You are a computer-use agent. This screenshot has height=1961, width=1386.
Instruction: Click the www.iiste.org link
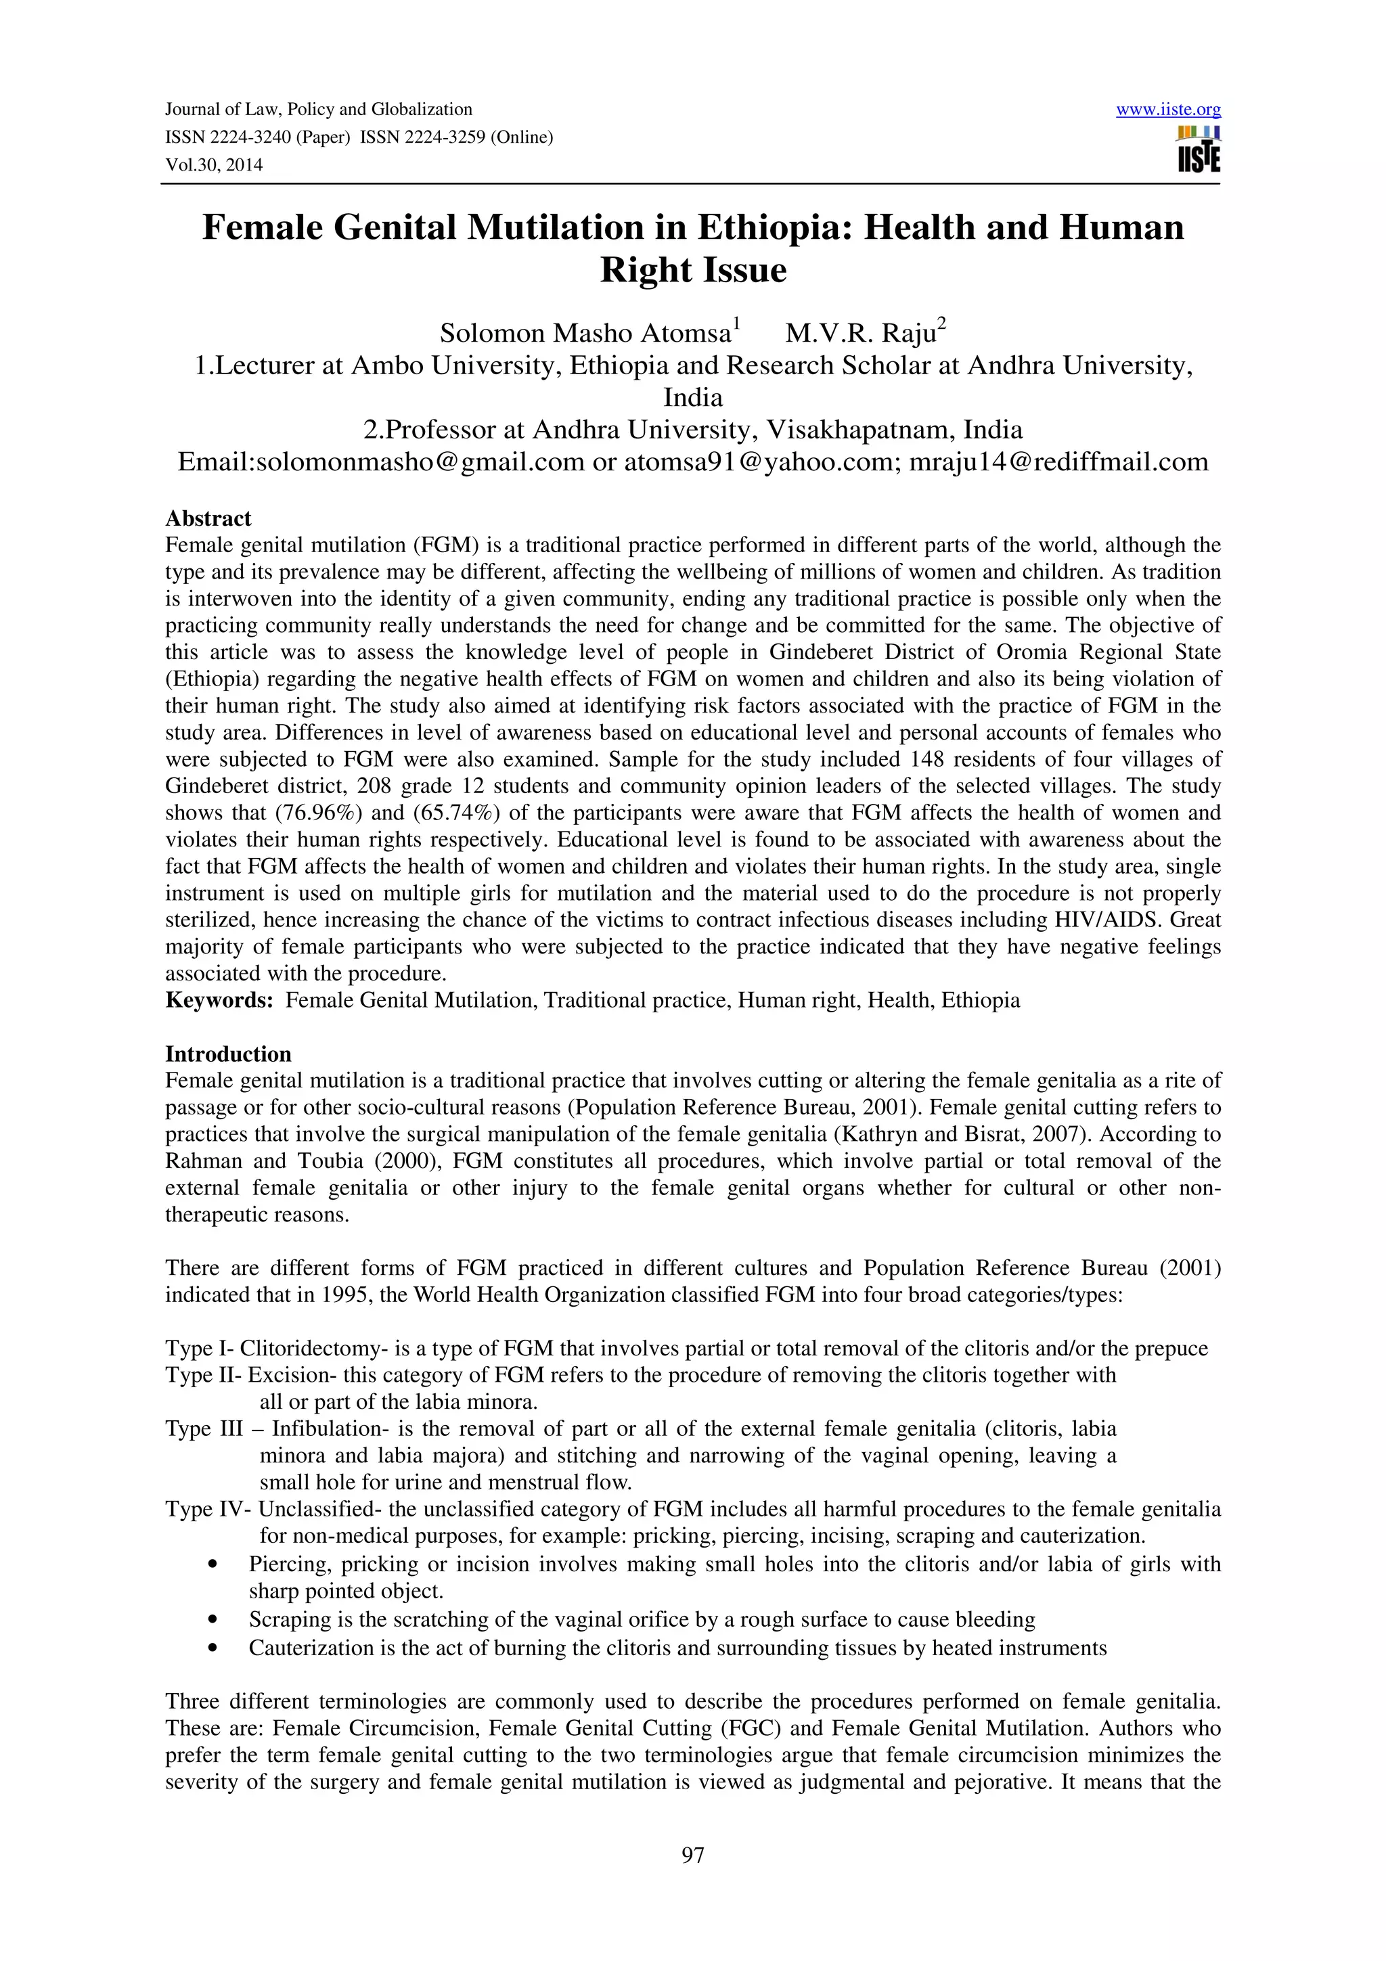click(1167, 110)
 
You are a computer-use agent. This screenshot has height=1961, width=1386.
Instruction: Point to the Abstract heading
click(208, 518)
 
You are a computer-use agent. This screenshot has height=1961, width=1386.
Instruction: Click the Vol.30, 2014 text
click(213, 165)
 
